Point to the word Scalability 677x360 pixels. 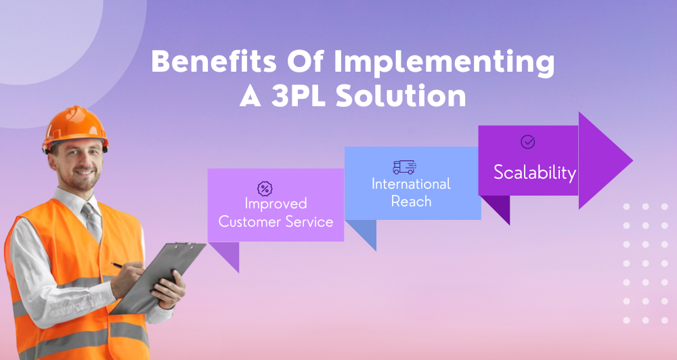pos(534,173)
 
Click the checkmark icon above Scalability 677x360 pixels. pos(527,142)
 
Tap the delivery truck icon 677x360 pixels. pos(404,167)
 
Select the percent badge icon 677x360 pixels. pos(265,188)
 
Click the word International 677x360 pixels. pos(411,184)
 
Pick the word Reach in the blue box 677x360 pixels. pos(411,201)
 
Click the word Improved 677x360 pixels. pos(276,204)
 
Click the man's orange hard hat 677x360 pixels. pos(75,128)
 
